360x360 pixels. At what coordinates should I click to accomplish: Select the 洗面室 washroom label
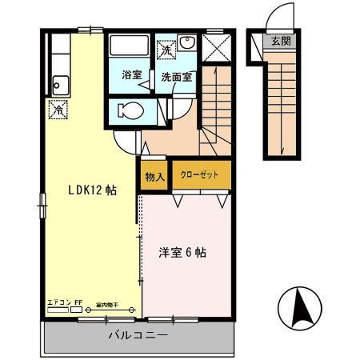[175, 77]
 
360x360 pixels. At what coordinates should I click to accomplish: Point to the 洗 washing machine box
[166, 49]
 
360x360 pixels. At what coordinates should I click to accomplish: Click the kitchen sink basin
[59, 81]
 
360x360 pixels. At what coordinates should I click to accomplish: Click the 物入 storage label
[155, 177]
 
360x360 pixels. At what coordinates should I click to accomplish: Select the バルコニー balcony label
[138, 336]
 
